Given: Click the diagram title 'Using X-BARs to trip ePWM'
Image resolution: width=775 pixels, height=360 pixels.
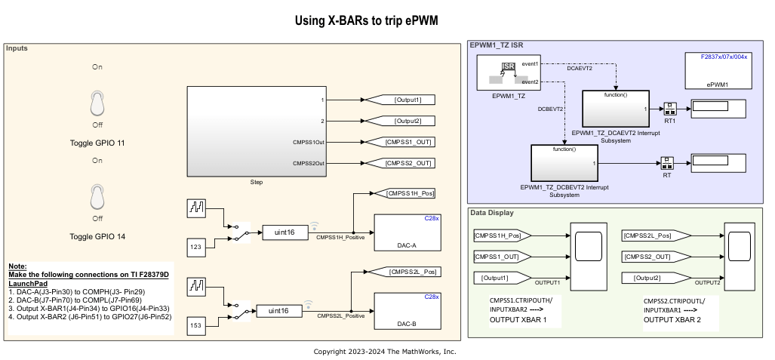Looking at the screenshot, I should click(366, 21).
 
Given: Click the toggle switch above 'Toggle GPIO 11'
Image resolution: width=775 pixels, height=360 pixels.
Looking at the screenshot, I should click(97, 103).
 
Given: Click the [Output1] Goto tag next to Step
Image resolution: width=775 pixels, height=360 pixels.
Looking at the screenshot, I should click(399, 100).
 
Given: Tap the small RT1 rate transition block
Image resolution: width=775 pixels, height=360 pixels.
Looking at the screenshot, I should click(669, 108).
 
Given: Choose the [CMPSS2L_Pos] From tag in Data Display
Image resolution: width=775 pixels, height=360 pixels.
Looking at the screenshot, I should click(650, 236).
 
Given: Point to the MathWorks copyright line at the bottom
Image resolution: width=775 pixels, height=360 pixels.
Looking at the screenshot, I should click(385, 352).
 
